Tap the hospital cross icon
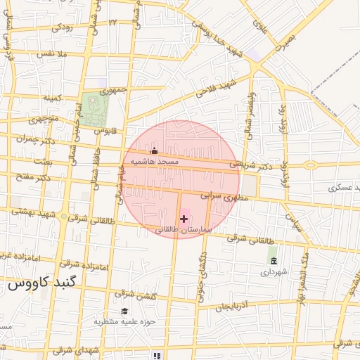(x=184, y=219)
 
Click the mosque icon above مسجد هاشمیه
(x=155, y=150)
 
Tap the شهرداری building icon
(x=274, y=262)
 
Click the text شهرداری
(x=274, y=271)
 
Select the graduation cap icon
(x=124, y=311)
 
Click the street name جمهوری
(x=113, y=91)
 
